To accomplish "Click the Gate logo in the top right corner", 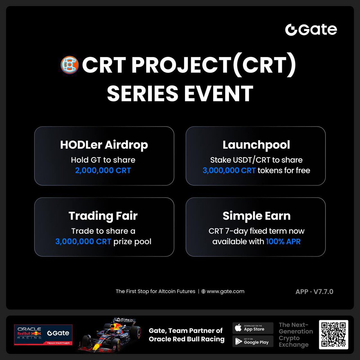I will [311, 30].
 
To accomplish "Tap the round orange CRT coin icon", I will [70, 65].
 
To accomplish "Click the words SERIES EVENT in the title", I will [180, 93].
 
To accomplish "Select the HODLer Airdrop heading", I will [104, 145].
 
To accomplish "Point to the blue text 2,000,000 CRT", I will [103, 170].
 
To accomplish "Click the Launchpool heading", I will [256, 145].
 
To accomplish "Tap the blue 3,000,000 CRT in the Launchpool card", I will [229, 170].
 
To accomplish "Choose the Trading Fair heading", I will [103, 216].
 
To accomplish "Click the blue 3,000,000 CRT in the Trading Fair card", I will [83, 241].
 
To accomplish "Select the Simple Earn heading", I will [256, 216].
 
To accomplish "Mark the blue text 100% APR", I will [283, 241].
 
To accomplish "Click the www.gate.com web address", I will [225, 291].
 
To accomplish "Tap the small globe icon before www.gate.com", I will [203, 292].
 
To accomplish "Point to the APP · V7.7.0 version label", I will [314, 292].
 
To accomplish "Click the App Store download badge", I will [253, 328].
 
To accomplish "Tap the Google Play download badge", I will [253, 342].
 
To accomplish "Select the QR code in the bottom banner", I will [333, 334].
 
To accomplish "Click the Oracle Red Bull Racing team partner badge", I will [43, 334].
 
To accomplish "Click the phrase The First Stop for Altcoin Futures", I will [155, 291].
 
